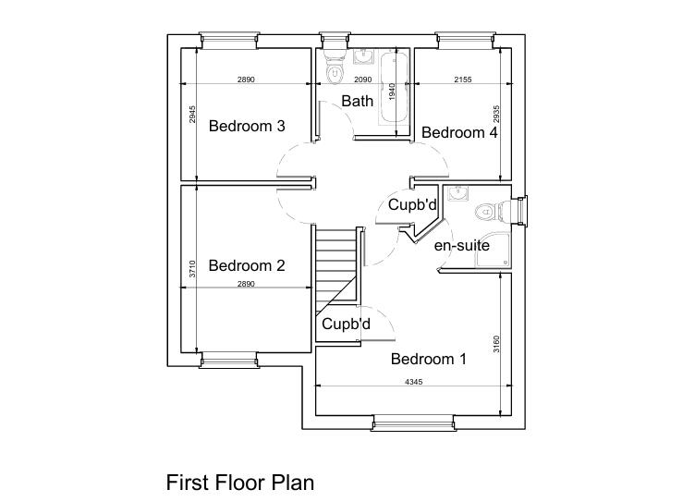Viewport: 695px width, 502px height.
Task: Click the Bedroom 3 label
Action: click(x=246, y=126)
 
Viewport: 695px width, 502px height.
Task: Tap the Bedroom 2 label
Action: click(x=246, y=265)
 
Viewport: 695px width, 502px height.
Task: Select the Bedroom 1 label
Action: click(x=428, y=359)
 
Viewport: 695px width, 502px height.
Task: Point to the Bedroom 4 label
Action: click(x=459, y=132)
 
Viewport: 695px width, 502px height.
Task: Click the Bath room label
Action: click(x=357, y=101)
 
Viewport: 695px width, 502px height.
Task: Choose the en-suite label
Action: click(x=461, y=245)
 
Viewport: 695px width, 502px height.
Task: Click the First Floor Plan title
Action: click(x=240, y=482)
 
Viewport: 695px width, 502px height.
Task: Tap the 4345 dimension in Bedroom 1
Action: click(x=413, y=382)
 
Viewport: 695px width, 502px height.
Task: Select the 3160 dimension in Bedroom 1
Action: click(x=496, y=344)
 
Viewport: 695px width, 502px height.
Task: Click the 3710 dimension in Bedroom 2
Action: click(x=192, y=269)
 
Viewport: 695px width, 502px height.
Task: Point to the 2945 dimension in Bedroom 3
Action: click(x=192, y=115)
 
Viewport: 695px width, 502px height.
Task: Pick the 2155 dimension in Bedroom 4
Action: click(x=462, y=80)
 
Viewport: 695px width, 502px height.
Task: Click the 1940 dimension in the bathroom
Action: click(x=392, y=92)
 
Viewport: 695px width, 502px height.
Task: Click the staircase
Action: click(x=335, y=268)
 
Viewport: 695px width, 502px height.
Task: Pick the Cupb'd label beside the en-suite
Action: click(x=411, y=204)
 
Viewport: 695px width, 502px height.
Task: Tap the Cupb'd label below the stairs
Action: click(x=346, y=324)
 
